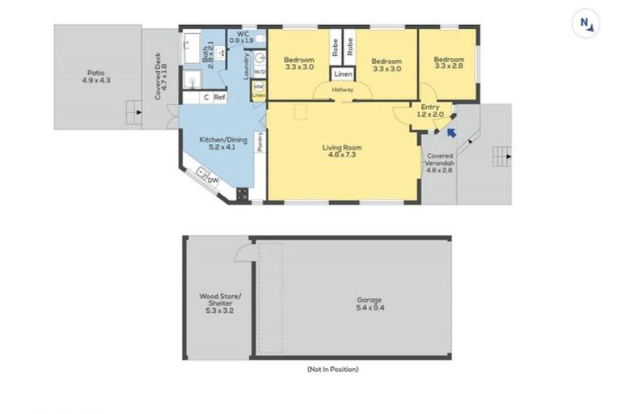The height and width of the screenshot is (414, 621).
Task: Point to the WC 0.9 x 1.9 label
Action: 241,36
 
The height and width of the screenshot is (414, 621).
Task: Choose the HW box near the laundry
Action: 259,87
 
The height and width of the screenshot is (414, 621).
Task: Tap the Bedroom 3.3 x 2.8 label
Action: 449,63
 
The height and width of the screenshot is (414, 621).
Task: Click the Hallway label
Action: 343,90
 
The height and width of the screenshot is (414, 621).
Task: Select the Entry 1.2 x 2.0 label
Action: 430,111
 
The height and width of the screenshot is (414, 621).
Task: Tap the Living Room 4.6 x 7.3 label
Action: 341,151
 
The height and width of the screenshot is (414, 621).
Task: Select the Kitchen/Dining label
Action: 217,143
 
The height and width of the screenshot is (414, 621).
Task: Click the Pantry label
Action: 260,142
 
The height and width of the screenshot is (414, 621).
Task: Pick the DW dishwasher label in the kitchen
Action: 212,180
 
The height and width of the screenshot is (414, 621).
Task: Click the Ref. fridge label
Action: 219,97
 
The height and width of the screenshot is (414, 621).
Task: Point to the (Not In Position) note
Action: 332,369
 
